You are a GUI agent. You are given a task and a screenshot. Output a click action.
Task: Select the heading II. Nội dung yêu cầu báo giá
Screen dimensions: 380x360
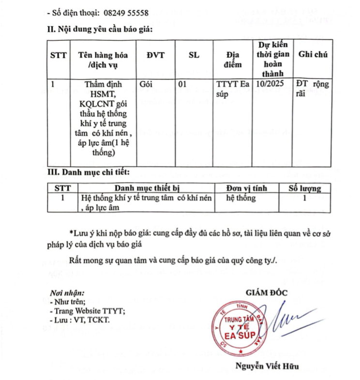click(x=100, y=29)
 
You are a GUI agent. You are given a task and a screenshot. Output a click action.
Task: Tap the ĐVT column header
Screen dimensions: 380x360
click(x=155, y=55)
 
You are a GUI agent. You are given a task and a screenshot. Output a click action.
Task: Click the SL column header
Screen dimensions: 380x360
click(x=194, y=55)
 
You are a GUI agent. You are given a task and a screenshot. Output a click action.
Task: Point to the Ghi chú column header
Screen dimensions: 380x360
click(x=313, y=55)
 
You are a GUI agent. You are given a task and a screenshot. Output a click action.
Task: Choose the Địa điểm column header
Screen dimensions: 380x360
click(x=233, y=59)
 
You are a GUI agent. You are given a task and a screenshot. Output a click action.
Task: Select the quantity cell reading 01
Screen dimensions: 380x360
click(x=182, y=84)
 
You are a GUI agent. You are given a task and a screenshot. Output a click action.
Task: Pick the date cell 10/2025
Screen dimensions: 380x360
click(x=268, y=84)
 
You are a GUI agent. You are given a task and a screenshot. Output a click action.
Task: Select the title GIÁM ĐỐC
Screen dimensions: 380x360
click(x=267, y=292)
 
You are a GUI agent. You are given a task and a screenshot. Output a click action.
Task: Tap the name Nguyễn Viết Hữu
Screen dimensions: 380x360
click(x=267, y=366)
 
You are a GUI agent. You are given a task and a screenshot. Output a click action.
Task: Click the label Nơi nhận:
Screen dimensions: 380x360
click(x=67, y=293)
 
